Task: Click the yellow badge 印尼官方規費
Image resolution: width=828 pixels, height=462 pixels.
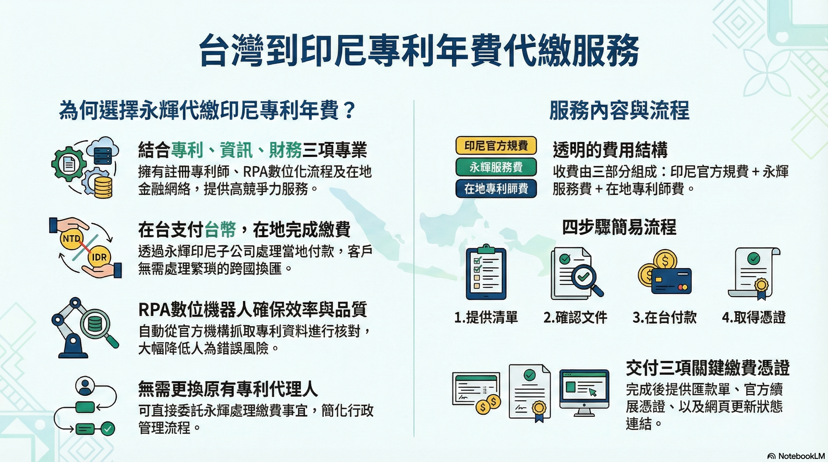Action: pos(496,146)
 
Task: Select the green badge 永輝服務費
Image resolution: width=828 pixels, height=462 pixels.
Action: pos(496,167)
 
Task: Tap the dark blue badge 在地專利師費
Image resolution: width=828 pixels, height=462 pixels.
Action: pos(496,189)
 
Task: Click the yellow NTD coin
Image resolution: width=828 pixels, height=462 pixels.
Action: pos(71,239)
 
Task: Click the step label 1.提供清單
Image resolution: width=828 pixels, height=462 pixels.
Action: pos(486,317)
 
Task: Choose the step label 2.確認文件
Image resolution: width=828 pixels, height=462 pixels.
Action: pos(575,317)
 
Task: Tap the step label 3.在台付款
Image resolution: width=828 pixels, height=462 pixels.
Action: pos(664,317)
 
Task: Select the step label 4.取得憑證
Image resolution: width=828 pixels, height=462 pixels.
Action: pos(754,317)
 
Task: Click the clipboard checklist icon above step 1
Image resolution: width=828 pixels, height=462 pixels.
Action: pos(486,272)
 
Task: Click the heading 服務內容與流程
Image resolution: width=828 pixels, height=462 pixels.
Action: pos(619,110)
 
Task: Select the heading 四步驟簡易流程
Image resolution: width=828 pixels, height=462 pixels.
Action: pos(619,227)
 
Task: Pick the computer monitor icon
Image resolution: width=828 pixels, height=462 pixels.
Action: pos(584,393)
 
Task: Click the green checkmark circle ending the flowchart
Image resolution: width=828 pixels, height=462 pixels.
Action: pos(108,429)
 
